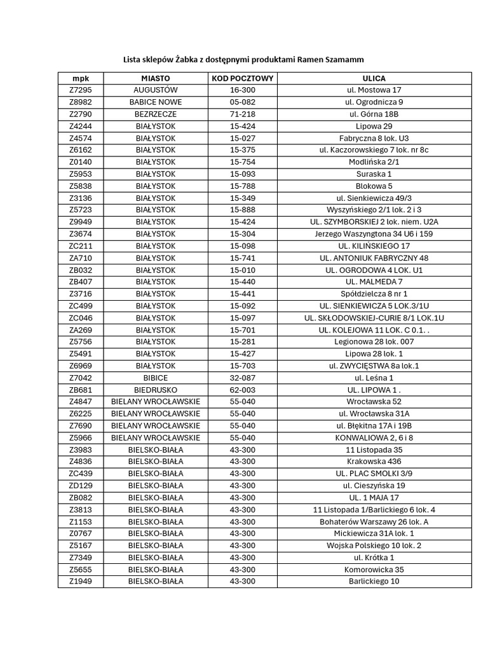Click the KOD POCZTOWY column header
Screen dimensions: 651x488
[x=242, y=78]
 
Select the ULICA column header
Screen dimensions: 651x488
[x=374, y=78]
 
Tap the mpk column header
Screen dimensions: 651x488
[x=81, y=78]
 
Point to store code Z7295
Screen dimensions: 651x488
[x=81, y=90]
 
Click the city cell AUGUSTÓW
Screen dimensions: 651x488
[x=156, y=90]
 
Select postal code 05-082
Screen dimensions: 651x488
[x=242, y=102]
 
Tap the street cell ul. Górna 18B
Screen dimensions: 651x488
[x=374, y=114]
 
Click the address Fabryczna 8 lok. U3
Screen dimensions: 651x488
[x=374, y=138]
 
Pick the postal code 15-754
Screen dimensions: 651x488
[x=242, y=162]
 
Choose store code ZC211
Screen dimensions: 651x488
[x=81, y=246]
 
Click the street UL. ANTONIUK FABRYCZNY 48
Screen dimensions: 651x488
[x=374, y=258]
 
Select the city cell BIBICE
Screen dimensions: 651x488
[x=156, y=378]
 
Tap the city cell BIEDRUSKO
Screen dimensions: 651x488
[x=156, y=390]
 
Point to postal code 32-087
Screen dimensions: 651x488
[x=242, y=378]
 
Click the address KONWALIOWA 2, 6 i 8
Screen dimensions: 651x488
[x=374, y=438]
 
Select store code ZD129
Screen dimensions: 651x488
[x=81, y=486]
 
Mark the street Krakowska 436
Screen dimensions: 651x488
[x=374, y=462]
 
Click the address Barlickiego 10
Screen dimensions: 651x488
[x=374, y=581]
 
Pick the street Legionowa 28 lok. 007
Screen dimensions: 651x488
[x=374, y=342]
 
